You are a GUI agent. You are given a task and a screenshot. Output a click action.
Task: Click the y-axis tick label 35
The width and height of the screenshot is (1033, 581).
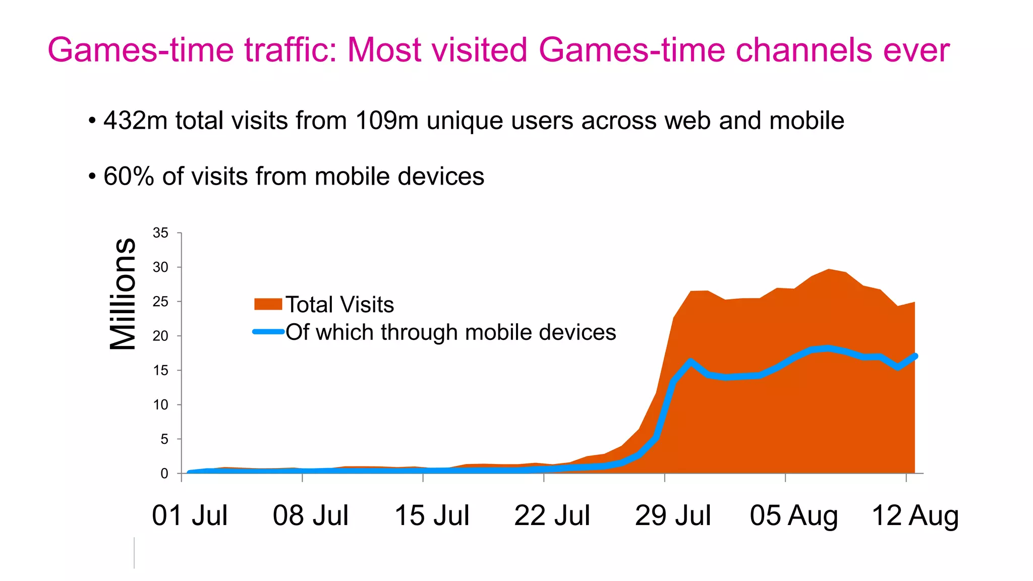pos(160,233)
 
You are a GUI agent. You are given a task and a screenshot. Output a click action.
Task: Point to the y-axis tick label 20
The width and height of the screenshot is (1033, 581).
pos(160,336)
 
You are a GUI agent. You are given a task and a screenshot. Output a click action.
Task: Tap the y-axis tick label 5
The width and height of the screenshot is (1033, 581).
pos(164,439)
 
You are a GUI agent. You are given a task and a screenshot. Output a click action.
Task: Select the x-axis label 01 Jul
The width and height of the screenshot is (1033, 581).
pos(190,515)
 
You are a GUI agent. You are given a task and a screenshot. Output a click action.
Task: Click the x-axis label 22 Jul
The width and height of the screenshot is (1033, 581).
pos(552,515)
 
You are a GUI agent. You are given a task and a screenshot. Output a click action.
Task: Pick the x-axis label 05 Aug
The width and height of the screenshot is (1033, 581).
pos(793,515)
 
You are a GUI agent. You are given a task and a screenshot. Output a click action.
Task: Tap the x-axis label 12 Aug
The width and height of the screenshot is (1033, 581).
pos(915,515)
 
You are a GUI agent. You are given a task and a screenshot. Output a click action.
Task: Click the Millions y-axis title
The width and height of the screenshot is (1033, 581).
pos(123,294)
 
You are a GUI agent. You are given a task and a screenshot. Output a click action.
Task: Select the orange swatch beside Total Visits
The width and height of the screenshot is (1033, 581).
pos(268,304)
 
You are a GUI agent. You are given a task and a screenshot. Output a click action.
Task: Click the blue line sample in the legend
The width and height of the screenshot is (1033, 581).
pos(268,332)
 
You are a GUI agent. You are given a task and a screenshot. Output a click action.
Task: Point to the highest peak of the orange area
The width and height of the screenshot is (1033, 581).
pos(829,270)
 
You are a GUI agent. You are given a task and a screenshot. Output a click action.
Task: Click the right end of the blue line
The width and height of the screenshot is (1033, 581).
pos(914,356)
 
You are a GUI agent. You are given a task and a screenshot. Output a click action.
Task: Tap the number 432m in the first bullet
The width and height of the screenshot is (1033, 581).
pos(135,121)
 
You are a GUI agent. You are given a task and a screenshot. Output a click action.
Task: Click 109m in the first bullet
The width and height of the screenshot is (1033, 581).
pos(387,121)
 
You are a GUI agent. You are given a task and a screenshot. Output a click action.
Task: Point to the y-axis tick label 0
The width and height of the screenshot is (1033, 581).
pos(164,474)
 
